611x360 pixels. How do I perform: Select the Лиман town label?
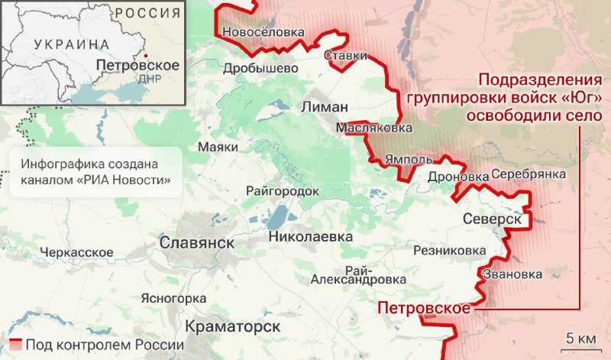click(x=325, y=106)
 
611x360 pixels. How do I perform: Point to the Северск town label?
click(x=492, y=219)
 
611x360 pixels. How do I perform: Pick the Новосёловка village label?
click(x=263, y=32)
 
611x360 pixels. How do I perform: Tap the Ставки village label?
click(x=345, y=56)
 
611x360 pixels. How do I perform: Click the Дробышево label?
click(x=260, y=68)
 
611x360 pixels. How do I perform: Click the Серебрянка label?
click(x=528, y=174)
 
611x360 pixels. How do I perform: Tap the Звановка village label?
click(x=512, y=274)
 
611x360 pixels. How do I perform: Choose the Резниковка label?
click(x=449, y=251)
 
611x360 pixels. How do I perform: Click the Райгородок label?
click(x=282, y=191)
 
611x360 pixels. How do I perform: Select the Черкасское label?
click(x=77, y=252)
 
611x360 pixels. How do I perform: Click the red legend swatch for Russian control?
click(x=15, y=345)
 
